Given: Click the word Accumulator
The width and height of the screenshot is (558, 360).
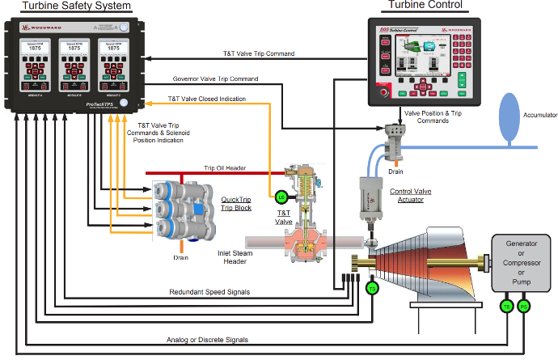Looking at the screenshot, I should pyautogui.click(x=536, y=116).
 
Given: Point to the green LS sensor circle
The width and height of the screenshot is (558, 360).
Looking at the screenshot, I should pyautogui.click(x=281, y=197).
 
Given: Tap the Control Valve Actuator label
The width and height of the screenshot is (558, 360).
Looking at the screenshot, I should pyautogui.click(x=410, y=197).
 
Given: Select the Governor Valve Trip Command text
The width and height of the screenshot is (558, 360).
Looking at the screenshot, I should pyautogui.click(x=215, y=79).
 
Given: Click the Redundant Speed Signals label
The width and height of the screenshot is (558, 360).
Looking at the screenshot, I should pyautogui.click(x=209, y=291).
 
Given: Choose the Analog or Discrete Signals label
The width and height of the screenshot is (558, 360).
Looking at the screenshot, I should pyautogui.click(x=207, y=339).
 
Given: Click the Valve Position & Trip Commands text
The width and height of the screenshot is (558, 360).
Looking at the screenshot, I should pyautogui.click(x=438, y=117).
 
